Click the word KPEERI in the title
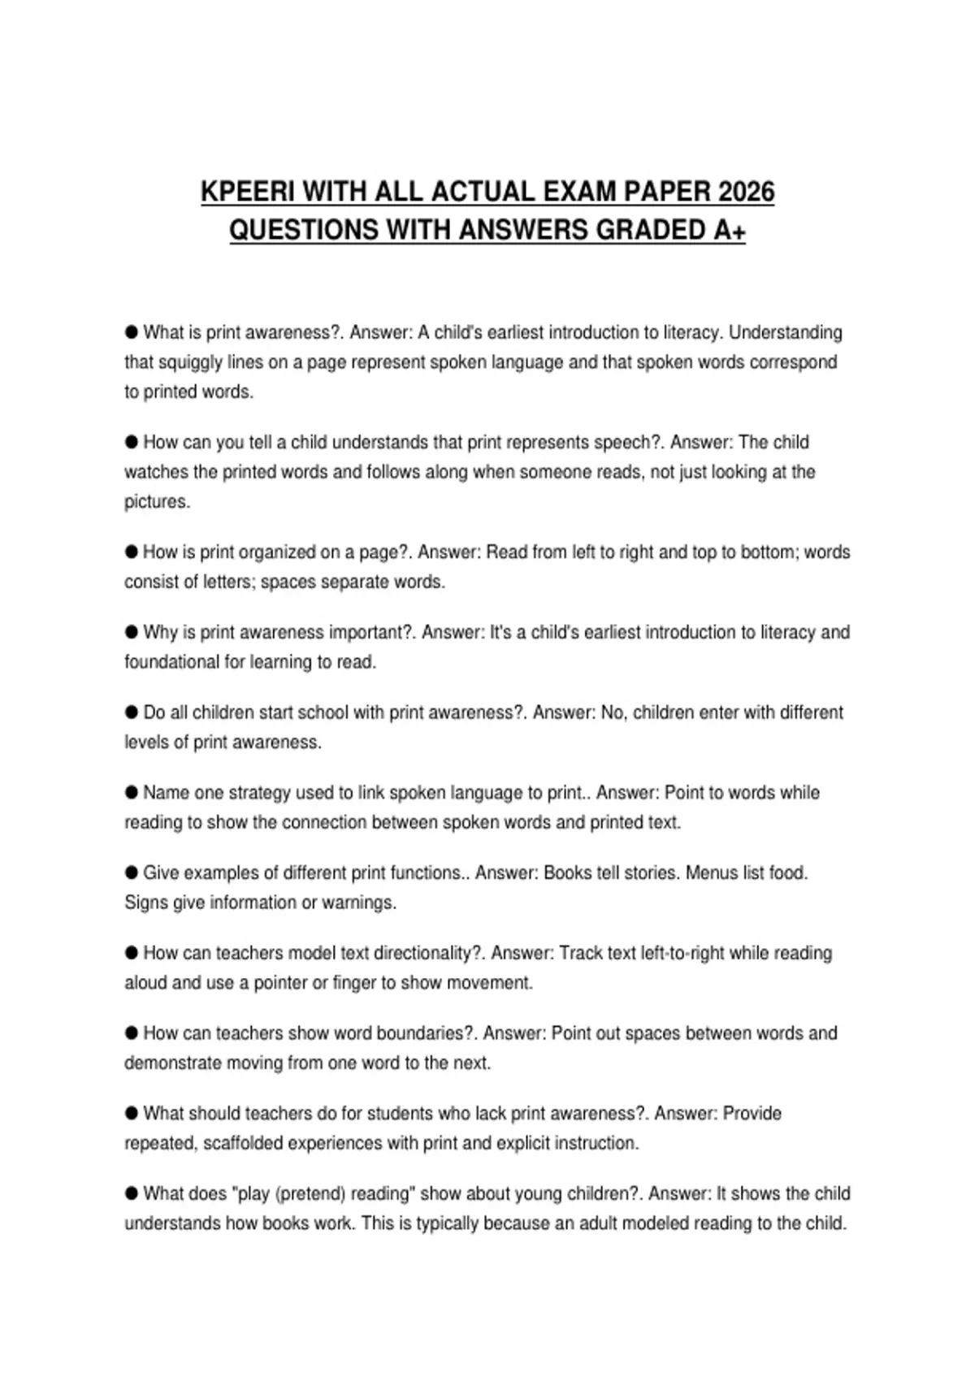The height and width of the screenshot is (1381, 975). pos(248,192)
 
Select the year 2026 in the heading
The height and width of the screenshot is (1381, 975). pos(746,192)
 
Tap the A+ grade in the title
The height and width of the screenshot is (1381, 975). pos(729,230)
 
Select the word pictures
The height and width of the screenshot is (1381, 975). pos(157,502)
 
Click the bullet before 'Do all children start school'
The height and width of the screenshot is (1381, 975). pos(132,712)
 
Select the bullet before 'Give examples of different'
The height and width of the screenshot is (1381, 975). pos(132,872)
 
